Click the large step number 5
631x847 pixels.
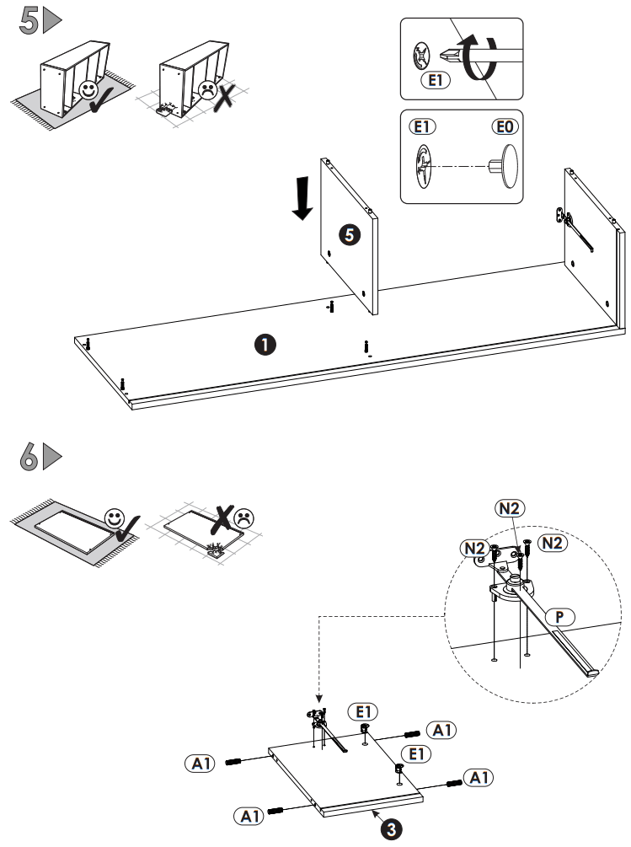[28, 20]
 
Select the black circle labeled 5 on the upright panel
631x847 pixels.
[349, 235]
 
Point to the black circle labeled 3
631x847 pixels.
[390, 829]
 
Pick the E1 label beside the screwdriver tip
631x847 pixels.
[435, 81]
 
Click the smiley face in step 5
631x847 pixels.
[87, 89]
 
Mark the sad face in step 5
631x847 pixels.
[206, 90]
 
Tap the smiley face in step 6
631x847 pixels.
[115, 517]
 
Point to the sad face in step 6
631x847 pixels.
[244, 516]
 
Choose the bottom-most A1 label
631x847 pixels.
[249, 816]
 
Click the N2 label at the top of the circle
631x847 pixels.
[511, 507]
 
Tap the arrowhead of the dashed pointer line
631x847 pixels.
[318, 699]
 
